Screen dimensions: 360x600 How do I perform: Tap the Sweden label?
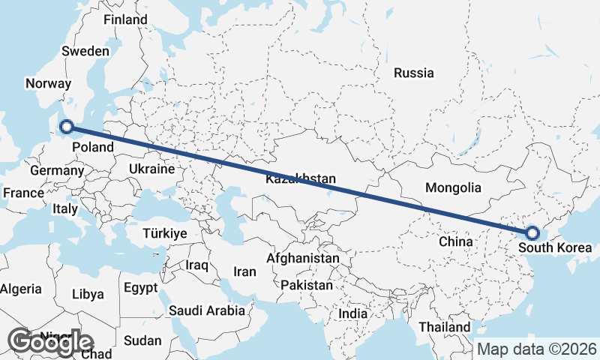pos(85,51)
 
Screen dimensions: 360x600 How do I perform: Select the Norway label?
pos(48,84)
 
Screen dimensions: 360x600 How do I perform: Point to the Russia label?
pos(413,73)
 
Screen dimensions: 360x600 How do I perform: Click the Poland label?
pos(93,147)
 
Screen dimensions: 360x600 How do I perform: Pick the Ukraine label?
pos(151,169)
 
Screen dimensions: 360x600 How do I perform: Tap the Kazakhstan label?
pos(300,179)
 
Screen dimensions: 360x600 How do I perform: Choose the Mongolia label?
pos(452,187)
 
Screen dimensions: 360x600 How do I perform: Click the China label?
pos(455,241)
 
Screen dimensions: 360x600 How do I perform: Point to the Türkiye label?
pos(164,234)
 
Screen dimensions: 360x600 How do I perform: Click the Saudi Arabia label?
pos(206,310)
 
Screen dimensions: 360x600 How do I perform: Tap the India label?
pos(352,313)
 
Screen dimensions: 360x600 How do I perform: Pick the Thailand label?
pos(445,327)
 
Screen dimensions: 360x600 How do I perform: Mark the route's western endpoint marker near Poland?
pos(66,127)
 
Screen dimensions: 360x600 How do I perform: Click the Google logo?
pos(50,341)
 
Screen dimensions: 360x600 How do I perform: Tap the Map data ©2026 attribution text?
pos(537,349)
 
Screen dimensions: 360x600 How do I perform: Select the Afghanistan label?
pos(303,258)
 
